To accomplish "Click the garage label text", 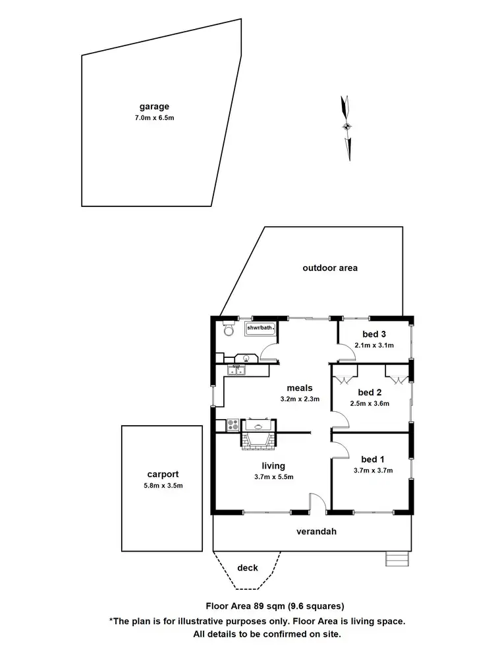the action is point(154,106).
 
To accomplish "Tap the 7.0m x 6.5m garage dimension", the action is point(154,118).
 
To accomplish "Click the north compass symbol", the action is point(346,127).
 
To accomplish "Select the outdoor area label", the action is point(330,268).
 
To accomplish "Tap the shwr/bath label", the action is point(260,327).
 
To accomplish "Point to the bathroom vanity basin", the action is point(247,358).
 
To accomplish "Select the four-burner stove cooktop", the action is point(233,425).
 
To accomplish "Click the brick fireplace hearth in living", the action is point(258,438).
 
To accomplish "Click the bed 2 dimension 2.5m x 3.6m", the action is point(370,404).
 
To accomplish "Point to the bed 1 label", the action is point(370,459).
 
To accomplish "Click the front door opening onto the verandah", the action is point(317,503).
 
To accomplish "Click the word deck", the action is point(248,567).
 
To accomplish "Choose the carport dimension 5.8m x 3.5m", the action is point(162,486).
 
